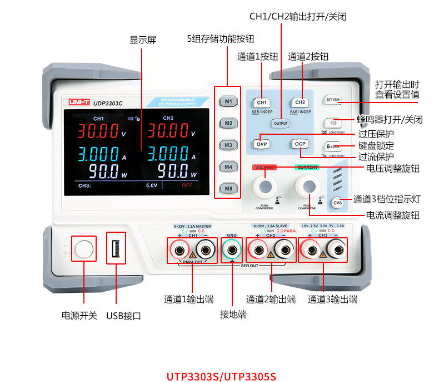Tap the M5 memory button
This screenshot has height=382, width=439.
pyautogui.click(x=228, y=188)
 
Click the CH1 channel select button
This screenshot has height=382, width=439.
pyautogui.click(x=262, y=102)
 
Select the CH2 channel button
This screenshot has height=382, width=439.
pyautogui.click(x=300, y=102)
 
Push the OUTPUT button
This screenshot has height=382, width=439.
pyautogui.click(x=281, y=123)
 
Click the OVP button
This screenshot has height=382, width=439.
pyautogui.click(x=262, y=144)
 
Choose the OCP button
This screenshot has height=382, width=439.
pyautogui.click(x=300, y=144)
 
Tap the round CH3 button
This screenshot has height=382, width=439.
pyautogui.click(x=337, y=203)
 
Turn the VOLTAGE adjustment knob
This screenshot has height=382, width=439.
pyautogui.click(x=265, y=185)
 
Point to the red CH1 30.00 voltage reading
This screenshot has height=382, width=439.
pyautogui.click(x=98, y=131)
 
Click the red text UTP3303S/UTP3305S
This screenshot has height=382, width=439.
pyautogui.click(x=221, y=376)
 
